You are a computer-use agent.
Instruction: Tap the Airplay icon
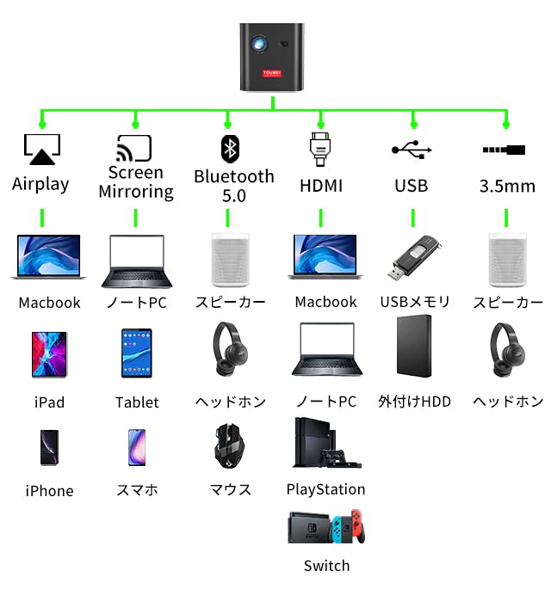pyautogui.click(x=41, y=150)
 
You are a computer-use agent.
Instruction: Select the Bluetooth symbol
pyautogui.click(x=229, y=148)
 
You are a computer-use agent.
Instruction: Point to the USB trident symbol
pyautogui.click(x=412, y=149)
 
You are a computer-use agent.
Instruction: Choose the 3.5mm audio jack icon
pyautogui.click(x=505, y=150)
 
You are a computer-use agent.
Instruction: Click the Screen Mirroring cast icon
pyautogui.click(x=134, y=148)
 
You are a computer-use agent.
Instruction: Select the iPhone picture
pyautogui.click(x=49, y=448)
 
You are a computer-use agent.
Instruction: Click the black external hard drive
pyautogui.click(x=414, y=347)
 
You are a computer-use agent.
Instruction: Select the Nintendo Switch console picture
pyautogui.click(x=326, y=527)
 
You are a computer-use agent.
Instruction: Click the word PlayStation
pyautogui.click(x=325, y=489)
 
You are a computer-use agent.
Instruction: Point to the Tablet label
pyautogui.click(x=137, y=402)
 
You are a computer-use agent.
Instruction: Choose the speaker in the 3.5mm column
pyautogui.click(x=507, y=259)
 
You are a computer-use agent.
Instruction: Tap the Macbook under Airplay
pyautogui.click(x=49, y=257)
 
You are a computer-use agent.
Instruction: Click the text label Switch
pyautogui.click(x=326, y=566)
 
